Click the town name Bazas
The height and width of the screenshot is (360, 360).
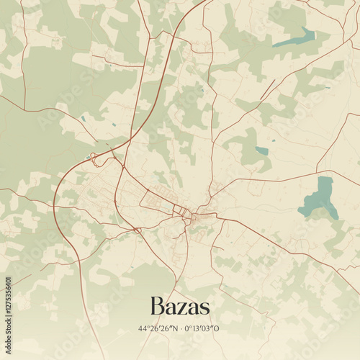pos(180,307)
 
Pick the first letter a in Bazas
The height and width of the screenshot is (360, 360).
pos(170,308)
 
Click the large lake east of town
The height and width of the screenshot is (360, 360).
pos(319,198)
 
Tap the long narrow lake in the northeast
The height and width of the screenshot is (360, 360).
pos(295,38)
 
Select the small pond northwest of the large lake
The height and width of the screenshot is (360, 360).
pos(262,151)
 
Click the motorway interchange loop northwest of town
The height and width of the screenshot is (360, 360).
pos(96,157)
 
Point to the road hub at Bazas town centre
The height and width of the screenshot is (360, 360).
pos(189,215)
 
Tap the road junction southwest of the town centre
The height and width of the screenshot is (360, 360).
pos(136,230)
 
